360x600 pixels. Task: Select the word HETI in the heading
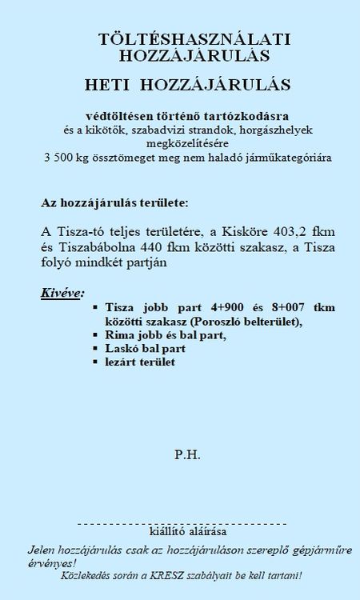click(109, 82)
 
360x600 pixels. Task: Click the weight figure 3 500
click(58, 158)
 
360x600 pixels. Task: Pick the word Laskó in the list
click(121, 350)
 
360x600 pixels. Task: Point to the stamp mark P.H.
click(187, 455)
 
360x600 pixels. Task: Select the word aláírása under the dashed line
click(207, 531)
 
